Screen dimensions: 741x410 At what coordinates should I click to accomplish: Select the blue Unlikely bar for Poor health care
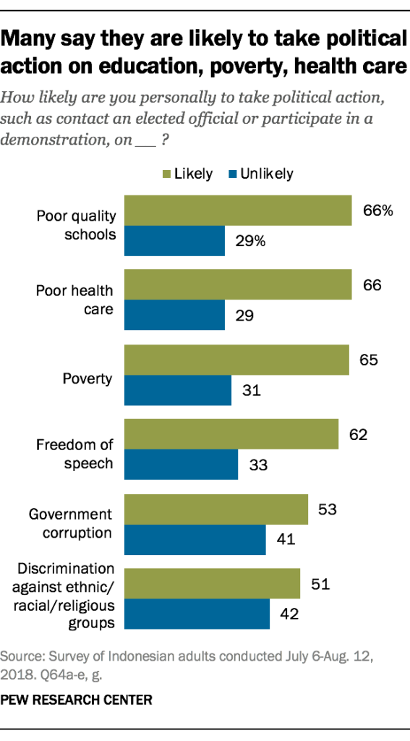click(x=175, y=316)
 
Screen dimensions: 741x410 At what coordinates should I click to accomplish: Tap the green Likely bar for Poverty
click(x=237, y=360)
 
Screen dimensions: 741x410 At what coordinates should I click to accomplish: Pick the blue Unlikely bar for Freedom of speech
click(x=181, y=465)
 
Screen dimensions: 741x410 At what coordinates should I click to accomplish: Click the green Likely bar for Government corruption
click(x=217, y=509)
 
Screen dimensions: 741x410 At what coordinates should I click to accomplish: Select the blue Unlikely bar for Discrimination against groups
click(x=197, y=614)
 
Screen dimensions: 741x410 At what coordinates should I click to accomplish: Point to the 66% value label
click(x=377, y=211)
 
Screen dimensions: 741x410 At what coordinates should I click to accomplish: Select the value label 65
click(x=369, y=360)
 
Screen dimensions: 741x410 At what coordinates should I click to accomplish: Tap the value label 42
click(x=289, y=614)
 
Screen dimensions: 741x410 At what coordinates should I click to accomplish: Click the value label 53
click(x=328, y=509)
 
